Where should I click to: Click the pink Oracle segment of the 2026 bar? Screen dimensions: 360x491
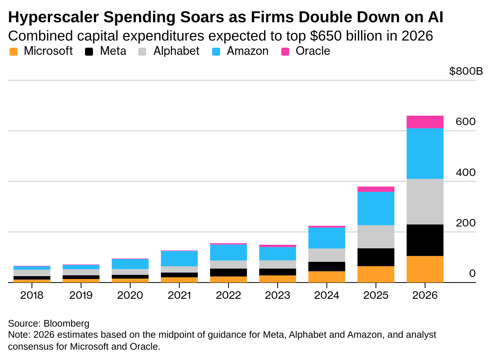point(425,122)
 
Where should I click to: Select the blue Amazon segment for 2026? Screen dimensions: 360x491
point(425,153)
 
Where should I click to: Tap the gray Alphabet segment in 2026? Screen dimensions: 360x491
point(425,201)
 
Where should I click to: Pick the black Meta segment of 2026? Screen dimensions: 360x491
point(425,240)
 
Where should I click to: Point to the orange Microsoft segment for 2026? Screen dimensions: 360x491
point(425,269)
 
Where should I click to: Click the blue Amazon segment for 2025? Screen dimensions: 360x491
point(376,209)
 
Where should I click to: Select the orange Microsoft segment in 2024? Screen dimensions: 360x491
point(327,277)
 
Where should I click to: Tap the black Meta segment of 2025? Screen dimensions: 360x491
point(376,257)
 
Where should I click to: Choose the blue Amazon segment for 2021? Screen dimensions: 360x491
point(179,258)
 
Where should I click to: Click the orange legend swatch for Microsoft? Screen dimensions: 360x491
point(14,51)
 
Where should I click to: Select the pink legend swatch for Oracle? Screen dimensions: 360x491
point(286,51)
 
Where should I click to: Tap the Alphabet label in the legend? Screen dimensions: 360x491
point(176,51)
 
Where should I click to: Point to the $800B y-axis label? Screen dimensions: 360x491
point(466,72)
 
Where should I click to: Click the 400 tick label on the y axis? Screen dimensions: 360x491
point(466,172)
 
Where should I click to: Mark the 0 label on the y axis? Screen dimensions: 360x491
point(472,273)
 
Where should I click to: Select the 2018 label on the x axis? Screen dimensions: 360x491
point(32,296)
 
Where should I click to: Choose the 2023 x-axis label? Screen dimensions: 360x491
point(277,296)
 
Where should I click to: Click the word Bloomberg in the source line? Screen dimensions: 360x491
point(66,323)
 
